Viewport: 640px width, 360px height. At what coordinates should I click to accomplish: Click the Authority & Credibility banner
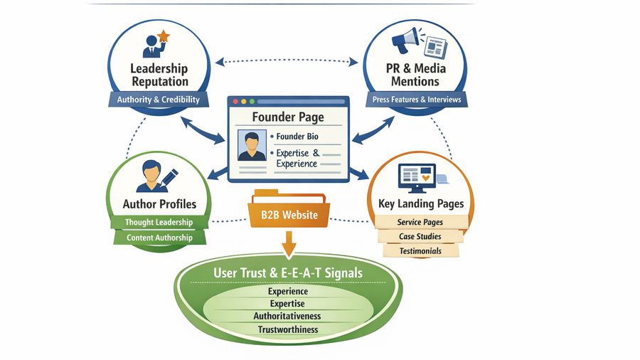[x=158, y=100]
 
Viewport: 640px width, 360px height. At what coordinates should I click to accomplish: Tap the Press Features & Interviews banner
[x=416, y=100]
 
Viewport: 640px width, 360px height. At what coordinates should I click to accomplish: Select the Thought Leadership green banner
[x=159, y=223]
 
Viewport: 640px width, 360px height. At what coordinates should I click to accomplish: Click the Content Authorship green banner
[x=159, y=238]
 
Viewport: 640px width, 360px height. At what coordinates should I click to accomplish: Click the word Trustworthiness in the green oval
[x=287, y=329]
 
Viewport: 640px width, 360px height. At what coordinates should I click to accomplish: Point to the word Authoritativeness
[x=287, y=316]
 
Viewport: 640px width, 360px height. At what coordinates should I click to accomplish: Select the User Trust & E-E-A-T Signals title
[x=287, y=273]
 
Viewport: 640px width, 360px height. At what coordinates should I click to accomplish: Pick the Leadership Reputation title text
[x=159, y=75]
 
